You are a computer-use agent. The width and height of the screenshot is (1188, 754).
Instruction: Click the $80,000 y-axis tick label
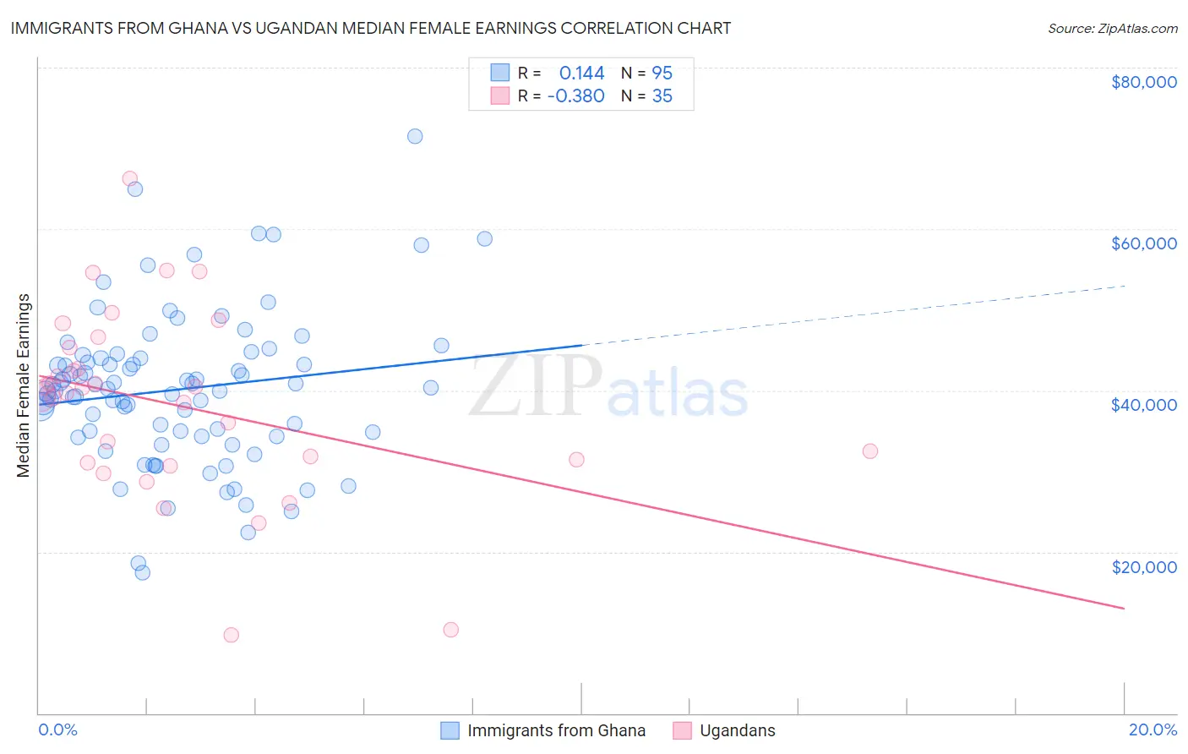click(1143, 82)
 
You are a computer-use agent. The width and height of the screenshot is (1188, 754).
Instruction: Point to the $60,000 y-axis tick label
click(1143, 243)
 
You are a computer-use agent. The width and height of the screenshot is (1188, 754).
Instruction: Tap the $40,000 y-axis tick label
click(1143, 405)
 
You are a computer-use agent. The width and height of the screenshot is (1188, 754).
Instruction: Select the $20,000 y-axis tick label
click(1143, 566)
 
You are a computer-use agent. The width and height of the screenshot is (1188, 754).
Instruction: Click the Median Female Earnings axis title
click(24, 385)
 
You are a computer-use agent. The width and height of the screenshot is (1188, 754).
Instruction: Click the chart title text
click(371, 28)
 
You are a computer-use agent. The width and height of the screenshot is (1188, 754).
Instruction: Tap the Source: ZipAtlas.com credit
click(1112, 29)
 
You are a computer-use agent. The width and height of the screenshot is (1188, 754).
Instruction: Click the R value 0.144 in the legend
click(581, 74)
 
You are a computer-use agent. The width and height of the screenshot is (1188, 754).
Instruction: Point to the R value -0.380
click(575, 96)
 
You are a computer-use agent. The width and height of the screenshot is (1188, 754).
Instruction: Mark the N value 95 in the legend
click(662, 74)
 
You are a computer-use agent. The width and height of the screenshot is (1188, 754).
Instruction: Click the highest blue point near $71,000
click(415, 136)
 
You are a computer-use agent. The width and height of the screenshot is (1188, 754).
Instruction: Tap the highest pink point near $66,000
click(130, 178)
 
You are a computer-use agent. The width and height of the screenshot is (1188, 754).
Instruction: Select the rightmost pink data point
click(870, 451)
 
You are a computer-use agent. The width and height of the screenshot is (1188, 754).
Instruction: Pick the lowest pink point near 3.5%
click(231, 635)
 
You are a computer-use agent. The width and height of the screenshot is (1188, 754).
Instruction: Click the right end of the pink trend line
click(1124, 609)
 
